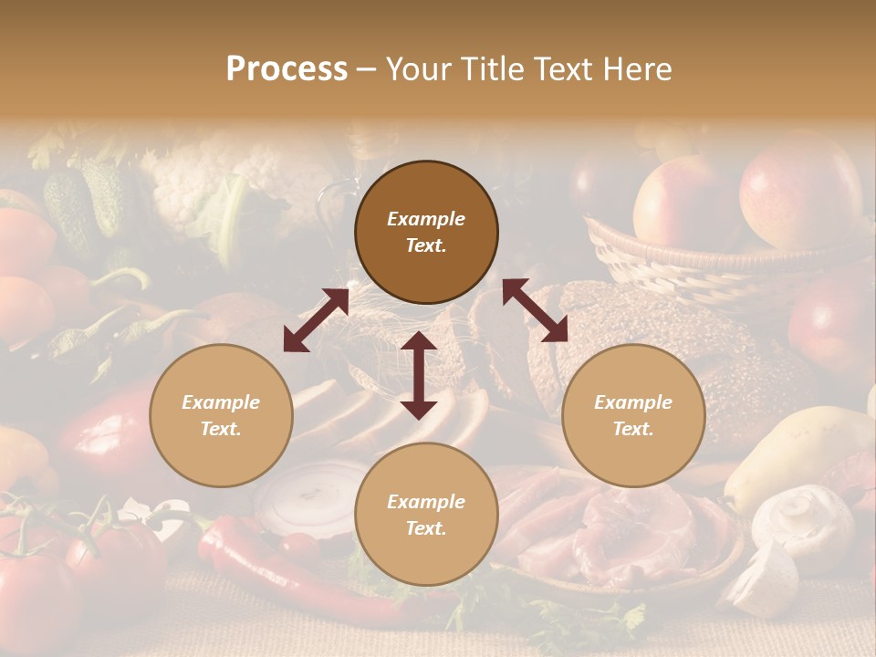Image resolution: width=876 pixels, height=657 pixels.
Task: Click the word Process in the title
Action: [287, 69]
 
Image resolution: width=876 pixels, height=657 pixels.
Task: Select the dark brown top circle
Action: [426, 232]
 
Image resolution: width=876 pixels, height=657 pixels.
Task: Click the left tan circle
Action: [221, 415]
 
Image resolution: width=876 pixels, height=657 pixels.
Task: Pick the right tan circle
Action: [632, 415]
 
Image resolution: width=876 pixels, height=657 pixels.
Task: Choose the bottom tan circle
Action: [426, 515]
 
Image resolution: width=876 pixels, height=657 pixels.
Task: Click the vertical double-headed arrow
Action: [418, 375]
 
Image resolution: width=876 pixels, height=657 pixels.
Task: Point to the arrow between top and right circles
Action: [535, 310]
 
